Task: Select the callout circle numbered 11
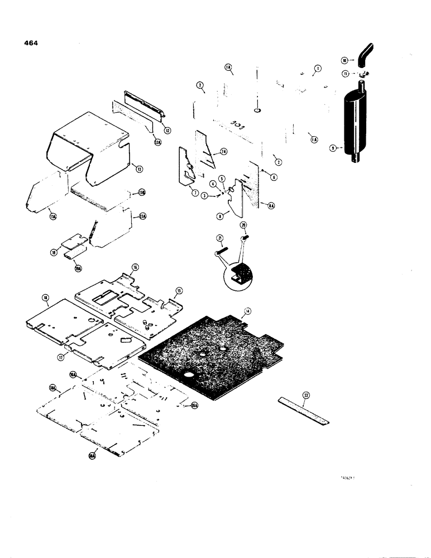(x=346, y=73)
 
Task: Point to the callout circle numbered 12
(x=168, y=131)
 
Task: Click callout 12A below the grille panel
(x=157, y=143)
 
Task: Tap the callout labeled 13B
(x=142, y=193)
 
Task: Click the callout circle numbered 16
(x=135, y=268)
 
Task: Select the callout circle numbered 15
(x=179, y=291)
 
